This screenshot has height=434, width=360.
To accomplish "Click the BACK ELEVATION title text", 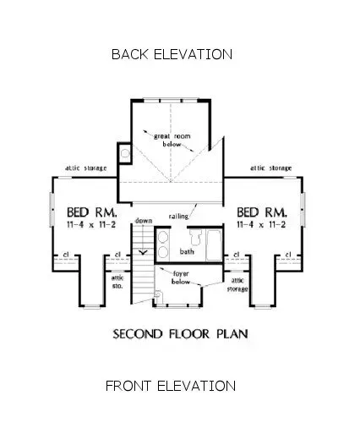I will (172, 54).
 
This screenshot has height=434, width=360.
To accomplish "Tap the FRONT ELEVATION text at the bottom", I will (170, 386).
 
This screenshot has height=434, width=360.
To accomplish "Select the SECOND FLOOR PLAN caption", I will (180, 333).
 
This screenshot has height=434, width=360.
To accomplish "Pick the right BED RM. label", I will (262, 212).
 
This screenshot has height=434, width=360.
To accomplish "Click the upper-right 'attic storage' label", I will (270, 168).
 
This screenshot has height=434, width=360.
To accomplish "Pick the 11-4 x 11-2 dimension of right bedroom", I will (263, 225).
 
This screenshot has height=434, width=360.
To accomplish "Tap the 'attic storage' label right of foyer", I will (239, 284).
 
